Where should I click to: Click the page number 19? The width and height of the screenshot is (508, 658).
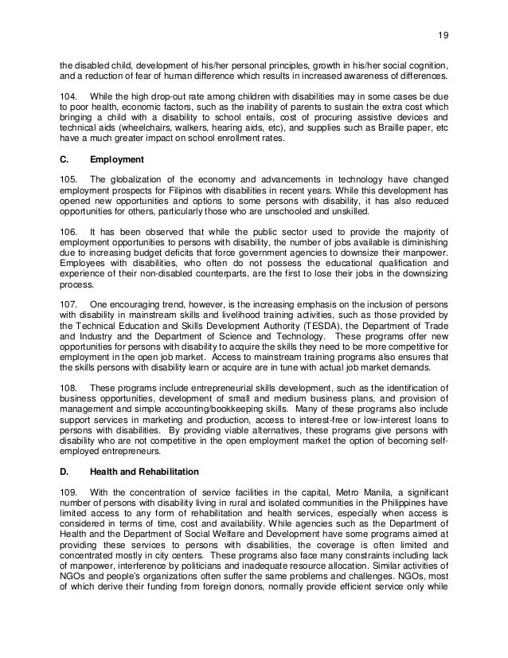tap(444, 13)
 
